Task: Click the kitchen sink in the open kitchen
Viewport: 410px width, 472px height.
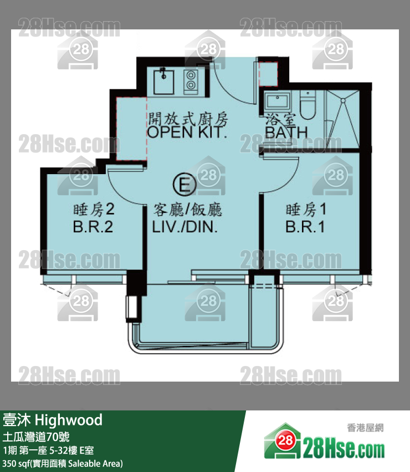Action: (x=163, y=82)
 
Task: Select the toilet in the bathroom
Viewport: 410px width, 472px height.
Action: (x=307, y=105)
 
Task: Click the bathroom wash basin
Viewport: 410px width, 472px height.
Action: (x=278, y=101)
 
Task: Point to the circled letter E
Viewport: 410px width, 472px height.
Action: (x=184, y=184)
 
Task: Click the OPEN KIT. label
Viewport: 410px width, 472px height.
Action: (x=187, y=133)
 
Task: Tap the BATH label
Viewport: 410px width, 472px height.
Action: (x=286, y=133)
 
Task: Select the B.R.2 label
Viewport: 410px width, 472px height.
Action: (x=93, y=227)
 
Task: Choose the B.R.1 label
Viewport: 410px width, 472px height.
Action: (x=305, y=227)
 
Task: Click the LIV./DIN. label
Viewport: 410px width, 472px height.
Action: (x=184, y=227)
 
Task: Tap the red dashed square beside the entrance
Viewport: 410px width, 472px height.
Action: (x=268, y=74)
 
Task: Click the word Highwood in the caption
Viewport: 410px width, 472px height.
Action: (x=69, y=420)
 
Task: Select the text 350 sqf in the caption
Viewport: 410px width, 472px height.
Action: (x=16, y=463)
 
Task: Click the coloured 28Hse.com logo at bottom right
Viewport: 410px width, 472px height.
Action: (x=324, y=441)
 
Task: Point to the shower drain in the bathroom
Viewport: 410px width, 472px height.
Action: (x=343, y=100)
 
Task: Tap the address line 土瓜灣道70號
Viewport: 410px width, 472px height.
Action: (x=36, y=437)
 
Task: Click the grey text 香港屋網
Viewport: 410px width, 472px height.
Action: (x=365, y=428)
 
